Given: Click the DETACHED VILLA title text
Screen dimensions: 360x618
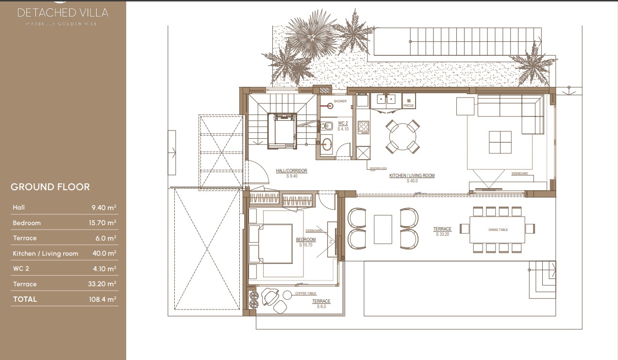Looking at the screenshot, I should coord(63,13).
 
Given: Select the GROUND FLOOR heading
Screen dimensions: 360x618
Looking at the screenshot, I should coord(50,187).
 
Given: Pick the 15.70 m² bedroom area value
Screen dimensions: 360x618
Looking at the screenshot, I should coord(104,223).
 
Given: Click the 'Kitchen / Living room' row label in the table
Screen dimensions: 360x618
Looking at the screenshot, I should coord(45,254).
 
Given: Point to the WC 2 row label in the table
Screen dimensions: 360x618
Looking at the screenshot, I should coord(21,269).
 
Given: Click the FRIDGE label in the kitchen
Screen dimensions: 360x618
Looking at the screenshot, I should coord(408,105).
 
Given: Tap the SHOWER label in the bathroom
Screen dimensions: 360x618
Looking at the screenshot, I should coord(340,101).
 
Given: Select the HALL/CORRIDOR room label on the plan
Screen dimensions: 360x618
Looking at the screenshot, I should coord(291,171).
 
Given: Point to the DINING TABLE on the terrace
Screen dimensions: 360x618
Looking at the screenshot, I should coord(498,229).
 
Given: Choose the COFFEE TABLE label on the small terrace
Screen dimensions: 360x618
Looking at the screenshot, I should coord(305,294).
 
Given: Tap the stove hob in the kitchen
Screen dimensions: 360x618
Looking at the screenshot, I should coord(364,128).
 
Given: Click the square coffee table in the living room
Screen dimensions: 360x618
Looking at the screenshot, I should coord(500,142).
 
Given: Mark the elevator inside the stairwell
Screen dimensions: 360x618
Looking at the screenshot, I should coord(282,130).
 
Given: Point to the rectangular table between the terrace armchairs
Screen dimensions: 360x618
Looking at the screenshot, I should coord(383,229).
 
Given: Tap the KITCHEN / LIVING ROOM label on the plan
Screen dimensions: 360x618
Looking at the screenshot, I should coord(412,176).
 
